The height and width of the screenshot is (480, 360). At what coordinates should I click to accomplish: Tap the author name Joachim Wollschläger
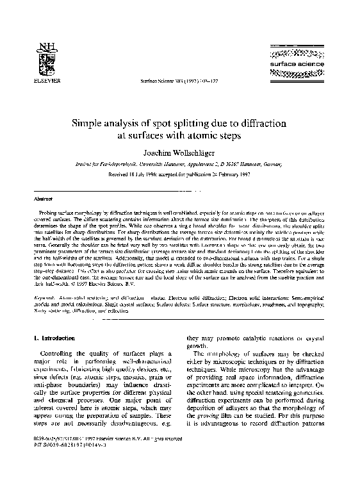point(179,151)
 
